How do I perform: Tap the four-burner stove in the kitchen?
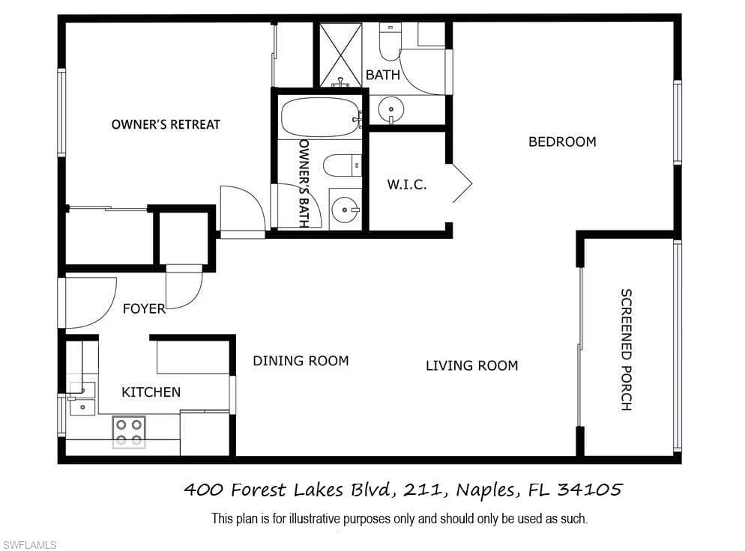(x=129, y=432)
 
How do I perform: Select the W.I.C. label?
(x=407, y=184)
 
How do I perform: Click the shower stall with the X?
(x=341, y=55)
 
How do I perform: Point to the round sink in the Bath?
(x=391, y=109)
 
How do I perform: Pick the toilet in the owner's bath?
(x=342, y=165)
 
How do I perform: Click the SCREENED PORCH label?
(x=627, y=350)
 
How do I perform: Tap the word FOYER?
(x=144, y=309)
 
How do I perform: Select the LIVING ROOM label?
(x=471, y=365)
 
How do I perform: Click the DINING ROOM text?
(x=301, y=361)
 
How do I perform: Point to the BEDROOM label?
(x=563, y=141)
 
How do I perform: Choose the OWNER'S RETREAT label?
(x=166, y=124)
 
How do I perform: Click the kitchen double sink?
(x=82, y=398)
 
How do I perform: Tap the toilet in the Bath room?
(x=390, y=42)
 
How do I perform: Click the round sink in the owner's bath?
(x=345, y=209)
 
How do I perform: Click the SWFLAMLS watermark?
(x=29, y=545)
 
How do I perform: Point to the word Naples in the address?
(x=486, y=490)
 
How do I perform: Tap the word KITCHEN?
(x=151, y=392)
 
